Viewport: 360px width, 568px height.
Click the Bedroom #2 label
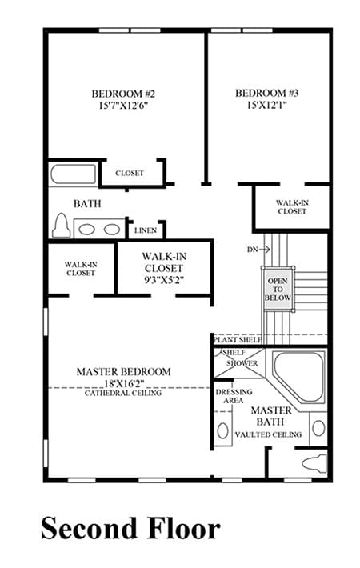tap(123, 94)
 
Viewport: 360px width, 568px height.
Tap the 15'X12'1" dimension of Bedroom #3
tap(267, 105)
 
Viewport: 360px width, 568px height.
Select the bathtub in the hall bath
tap(73, 175)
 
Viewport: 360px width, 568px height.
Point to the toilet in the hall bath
tap(62, 226)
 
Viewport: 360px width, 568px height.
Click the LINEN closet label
tap(146, 230)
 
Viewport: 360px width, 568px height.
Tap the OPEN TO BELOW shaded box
tap(278, 289)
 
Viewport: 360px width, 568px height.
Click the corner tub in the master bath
tap(298, 376)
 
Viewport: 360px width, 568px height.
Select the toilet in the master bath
tap(314, 462)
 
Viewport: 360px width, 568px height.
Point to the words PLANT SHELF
tap(238, 340)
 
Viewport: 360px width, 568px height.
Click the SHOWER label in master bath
tap(242, 363)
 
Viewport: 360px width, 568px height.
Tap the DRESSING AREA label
tap(234, 396)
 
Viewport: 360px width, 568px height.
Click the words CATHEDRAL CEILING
tap(123, 393)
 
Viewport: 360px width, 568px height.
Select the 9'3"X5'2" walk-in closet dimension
tap(164, 280)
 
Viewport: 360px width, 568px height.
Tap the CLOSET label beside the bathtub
tap(130, 173)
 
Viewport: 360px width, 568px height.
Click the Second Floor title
tap(130, 529)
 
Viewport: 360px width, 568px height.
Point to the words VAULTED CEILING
tap(268, 434)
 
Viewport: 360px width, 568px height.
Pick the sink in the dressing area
tap(222, 430)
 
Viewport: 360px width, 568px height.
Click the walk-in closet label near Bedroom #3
tap(292, 207)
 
